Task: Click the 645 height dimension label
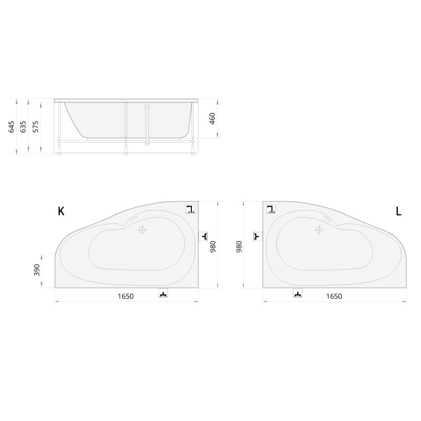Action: pyautogui.click(x=11, y=127)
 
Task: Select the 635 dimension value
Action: pyautogui.click(x=23, y=127)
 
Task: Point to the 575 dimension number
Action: pyautogui.click(x=36, y=127)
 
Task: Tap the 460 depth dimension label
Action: pyautogui.click(x=212, y=119)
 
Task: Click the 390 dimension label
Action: pyautogui.click(x=37, y=270)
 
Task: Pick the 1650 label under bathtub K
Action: pyautogui.click(x=126, y=296)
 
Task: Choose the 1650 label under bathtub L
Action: pyautogui.click(x=334, y=296)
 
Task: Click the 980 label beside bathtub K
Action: pyautogui.click(x=213, y=247)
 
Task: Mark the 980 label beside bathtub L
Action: pyautogui.click(x=239, y=247)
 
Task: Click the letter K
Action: pyautogui.click(x=61, y=212)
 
